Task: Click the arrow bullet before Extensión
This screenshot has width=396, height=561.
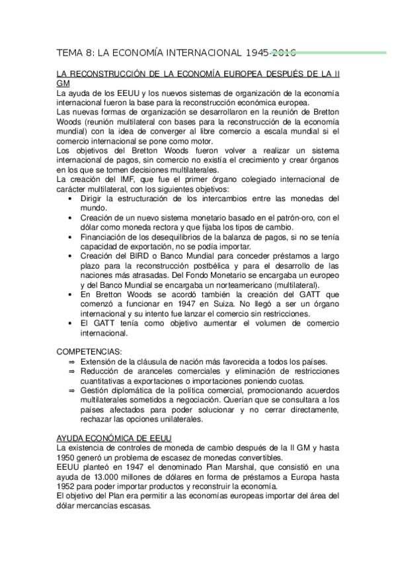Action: tap(72, 362)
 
